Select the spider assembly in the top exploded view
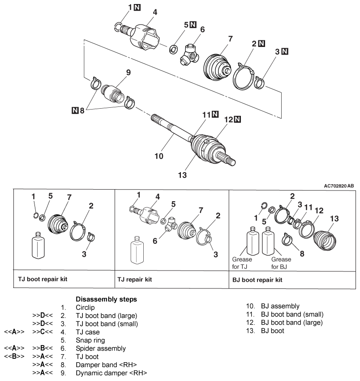[189, 55]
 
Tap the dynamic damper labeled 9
[112, 93]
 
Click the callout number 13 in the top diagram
[182, 175]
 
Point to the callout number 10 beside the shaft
[159, 156]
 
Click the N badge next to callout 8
[75, 110]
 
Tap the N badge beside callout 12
[237, 119]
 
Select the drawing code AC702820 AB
[339, 186]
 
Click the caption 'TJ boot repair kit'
[43, 279]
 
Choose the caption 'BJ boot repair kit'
[257, 280]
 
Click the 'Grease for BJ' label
[281, 263]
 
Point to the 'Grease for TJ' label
[242, 263]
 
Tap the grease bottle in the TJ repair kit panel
[137, 250]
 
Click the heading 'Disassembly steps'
[106, 299]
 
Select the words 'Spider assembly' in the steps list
[101, 348]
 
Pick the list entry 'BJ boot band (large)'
[292, 322]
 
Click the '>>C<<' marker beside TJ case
[43, 332]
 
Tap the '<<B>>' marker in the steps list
[14, 356]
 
